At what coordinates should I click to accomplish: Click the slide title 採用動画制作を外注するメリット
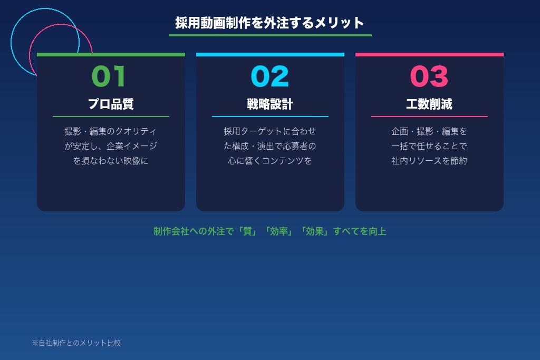click(x=270, y=23)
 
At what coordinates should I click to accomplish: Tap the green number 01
click(x=109, y=76)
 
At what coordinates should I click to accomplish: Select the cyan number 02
click(x=270, y=76)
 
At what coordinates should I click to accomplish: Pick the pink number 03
click(x=429, y=76)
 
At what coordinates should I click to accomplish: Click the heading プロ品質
click(x=111, y=104)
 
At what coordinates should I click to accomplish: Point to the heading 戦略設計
click(x=270, y=104)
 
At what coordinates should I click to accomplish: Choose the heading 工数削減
click(x=429, y=104)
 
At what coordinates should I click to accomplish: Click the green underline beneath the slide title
click(x=270, y=35)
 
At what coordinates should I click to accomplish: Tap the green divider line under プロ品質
click(x=111, y=116)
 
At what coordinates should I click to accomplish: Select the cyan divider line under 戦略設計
click(x=270, y=116)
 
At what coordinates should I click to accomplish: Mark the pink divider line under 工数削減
click(x=429, y=116)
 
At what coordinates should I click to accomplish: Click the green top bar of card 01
click(x=111, y=54)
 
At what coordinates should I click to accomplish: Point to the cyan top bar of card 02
click(x=270, y=54)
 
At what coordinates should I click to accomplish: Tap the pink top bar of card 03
click(x=429, y=54)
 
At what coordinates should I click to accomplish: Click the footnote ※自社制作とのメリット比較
click(x=76, y=343)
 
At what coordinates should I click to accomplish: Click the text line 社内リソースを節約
click(x=429, y=161)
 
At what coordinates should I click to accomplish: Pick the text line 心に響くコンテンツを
click(x=270, y=161)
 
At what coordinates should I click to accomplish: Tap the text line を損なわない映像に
click(x=111, y=161)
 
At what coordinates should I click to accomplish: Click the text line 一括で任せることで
click(x=429, y=146)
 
